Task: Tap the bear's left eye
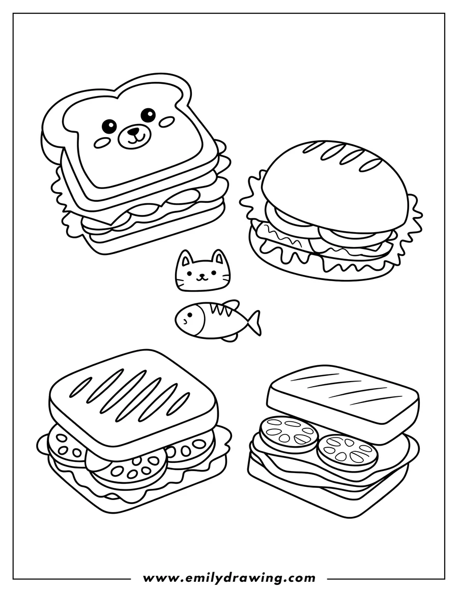pyautogui.click(x=108, y=125)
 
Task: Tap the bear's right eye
pyautogui.click(x=148, y=115)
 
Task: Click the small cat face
pyautogui.click(x=202, y=273)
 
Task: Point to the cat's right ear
pyautogui.click(x=218, y=256)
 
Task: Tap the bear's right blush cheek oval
pyautogui.click(x=166, y=121)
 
